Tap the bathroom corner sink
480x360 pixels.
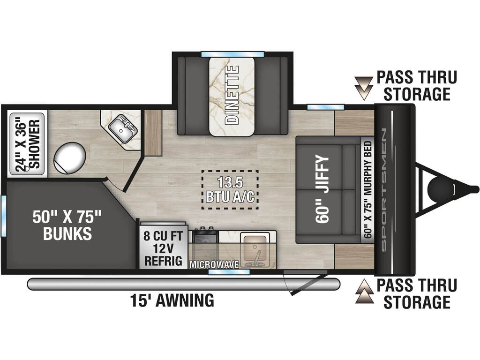tap(123, 128)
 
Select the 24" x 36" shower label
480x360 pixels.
tap(28, 144)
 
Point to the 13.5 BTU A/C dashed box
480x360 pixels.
tap(230, 190)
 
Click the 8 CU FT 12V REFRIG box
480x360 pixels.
tap(164, 248)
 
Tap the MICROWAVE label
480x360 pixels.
tap(214, 264)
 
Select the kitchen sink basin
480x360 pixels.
tap(255, 249)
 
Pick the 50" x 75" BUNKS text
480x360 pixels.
tap(67, 225)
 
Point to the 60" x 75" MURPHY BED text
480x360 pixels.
tap(367, 190)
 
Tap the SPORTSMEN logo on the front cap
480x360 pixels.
tap(384, 189)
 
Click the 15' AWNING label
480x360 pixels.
tap(172, 300)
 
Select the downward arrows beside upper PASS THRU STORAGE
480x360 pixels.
tap(364, 88)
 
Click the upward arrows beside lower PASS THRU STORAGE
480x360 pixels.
tap(364, 291)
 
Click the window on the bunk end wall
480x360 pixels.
tap(4, 216)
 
